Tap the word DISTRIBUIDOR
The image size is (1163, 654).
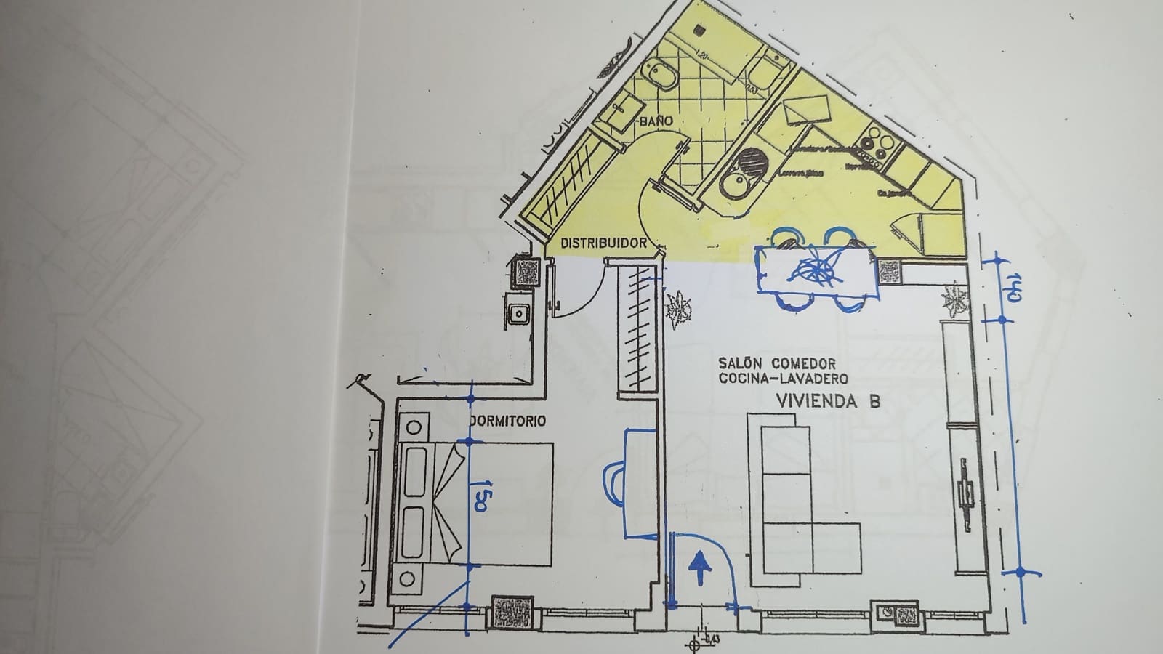tap(603, 243)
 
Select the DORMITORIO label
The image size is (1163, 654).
tap(508, 421)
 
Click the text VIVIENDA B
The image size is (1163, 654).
tap(828, 401)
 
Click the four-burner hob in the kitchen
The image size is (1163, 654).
tap(875, 144)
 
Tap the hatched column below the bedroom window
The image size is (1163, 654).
tap(513, 612)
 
